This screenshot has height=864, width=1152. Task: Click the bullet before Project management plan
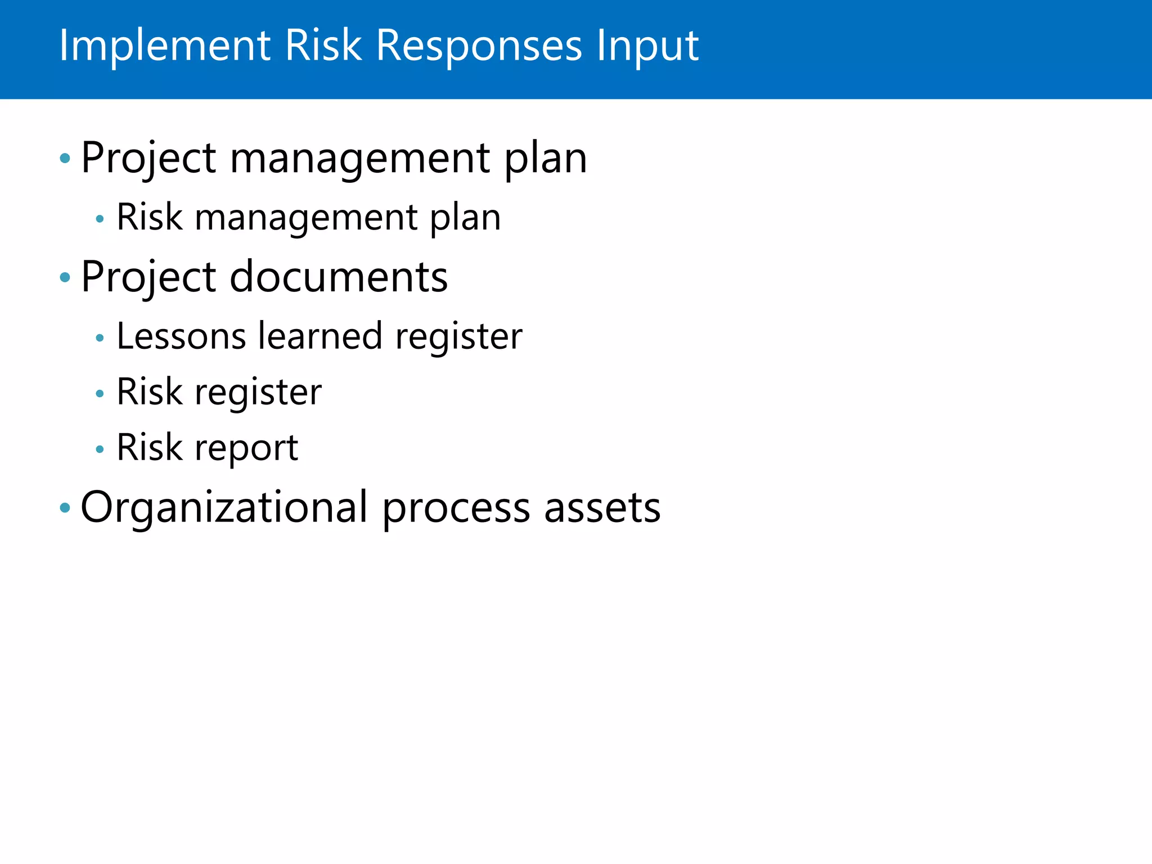(x=65, y=158)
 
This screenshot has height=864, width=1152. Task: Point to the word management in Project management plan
(x=360, y=158)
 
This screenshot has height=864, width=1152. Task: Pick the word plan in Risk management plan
(x=465, y=218)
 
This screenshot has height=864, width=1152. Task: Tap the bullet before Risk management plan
(x=100, y=219)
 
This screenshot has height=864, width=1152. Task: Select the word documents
(x=339, y=277)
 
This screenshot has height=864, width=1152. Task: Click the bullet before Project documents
(x=65, y=277)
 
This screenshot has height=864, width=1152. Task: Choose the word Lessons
(x=181, y=336)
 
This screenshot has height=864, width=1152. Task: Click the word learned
(x=320, y=336)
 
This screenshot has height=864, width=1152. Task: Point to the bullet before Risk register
(x=100, y=394)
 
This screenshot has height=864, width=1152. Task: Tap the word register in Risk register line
(x=258, y=393)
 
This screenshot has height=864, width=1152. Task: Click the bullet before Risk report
(x=100, y=449)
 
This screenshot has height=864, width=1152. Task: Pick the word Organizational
(x=224, y=507)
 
